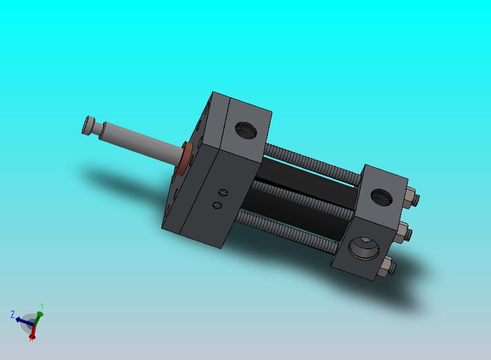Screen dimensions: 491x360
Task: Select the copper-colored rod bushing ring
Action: pos(184,158)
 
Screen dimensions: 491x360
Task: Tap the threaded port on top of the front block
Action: pos(246,130)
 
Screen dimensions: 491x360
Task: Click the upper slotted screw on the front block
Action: pos(223,193)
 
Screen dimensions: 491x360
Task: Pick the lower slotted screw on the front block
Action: pos(217,205)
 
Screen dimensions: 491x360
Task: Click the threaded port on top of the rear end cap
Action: pos(382,198)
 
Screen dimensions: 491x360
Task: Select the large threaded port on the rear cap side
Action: pos(364,248)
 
